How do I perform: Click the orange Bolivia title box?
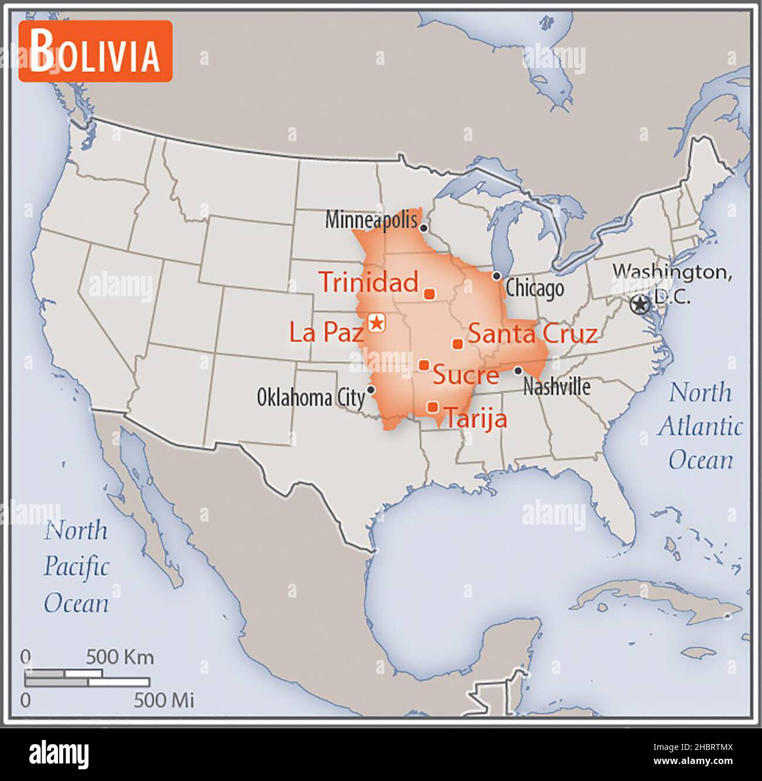point(95,51)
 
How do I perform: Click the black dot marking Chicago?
point(496,275)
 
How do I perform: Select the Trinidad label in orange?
point(369,282)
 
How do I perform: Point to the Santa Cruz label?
point(532,333)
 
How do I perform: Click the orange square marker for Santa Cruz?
point(458,344)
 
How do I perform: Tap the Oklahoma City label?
point(311,398)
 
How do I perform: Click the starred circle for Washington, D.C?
point(639,304)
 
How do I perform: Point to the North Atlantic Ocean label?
point(700,426)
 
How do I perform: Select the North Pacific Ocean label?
point(76,567)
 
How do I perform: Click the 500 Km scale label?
point(120,657)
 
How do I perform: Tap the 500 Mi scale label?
point(164,700)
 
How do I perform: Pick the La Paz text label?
point(326,333)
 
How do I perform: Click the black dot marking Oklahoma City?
point(370,389)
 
